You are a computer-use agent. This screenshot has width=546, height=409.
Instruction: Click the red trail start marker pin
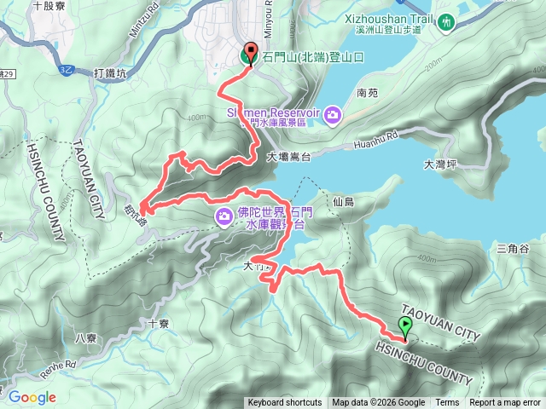point(250,54)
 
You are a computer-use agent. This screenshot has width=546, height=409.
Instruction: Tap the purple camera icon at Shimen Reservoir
point(333,114)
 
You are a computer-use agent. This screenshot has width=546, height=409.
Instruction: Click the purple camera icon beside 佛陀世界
point(224,217)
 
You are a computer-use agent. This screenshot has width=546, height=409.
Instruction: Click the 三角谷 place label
point(513,248)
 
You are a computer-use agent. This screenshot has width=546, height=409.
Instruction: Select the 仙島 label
point(344,202)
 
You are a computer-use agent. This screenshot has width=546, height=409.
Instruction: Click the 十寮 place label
point(159,324)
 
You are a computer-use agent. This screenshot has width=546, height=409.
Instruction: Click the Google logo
point(32,397)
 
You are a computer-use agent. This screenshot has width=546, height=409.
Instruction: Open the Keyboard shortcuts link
point(285,403)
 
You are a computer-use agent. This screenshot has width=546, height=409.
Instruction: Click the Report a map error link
point(505,403)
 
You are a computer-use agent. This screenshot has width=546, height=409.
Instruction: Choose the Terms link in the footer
point(447,403)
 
